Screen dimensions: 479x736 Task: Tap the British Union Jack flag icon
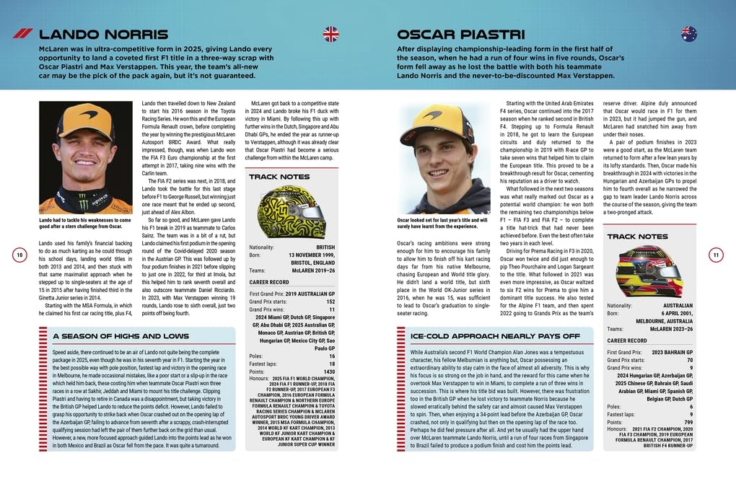point(330,33)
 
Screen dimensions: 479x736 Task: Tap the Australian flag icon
point(689,33)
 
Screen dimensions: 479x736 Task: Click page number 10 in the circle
point(20,255)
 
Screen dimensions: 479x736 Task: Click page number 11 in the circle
point(715,255)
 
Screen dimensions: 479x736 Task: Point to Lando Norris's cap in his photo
point(86,122)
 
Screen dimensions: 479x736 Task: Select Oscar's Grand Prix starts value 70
point(689,359)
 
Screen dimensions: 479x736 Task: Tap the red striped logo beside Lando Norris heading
point(22,33)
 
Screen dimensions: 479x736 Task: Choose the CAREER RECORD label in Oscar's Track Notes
point(627,340)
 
